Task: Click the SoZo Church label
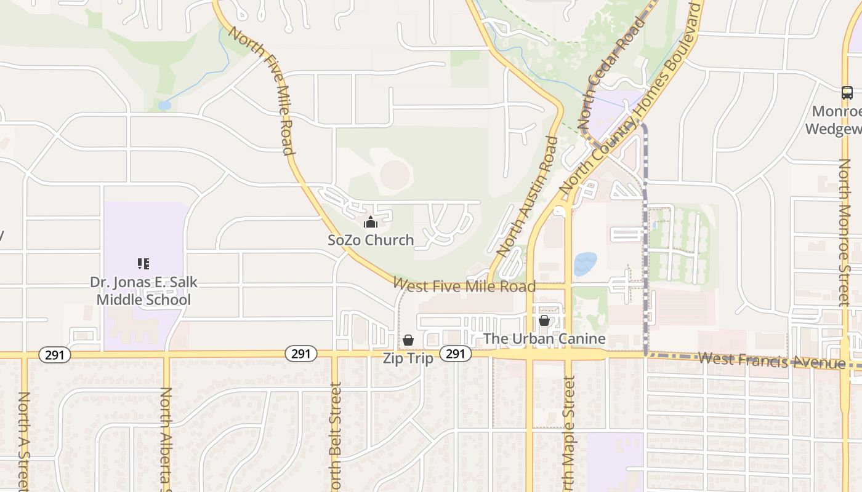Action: (x=371, y=240)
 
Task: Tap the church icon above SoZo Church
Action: (x=371, y=222)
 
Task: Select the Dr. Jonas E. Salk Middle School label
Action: (x=144, y=291)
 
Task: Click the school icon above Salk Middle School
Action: (x=143, y=264)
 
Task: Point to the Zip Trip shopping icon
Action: (x=408, y=340)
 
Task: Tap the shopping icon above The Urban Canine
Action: (x=544, y=320)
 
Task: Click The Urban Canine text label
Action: (x=544, y=339)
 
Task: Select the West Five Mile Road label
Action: (x=464, y=285)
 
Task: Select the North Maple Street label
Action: (x=568, y=430)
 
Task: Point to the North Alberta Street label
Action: (x=166, y=440)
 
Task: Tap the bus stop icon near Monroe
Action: (x=847, y=93)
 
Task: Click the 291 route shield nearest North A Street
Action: (x=55, y=355)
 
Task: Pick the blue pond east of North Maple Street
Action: (x=585, y=264)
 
